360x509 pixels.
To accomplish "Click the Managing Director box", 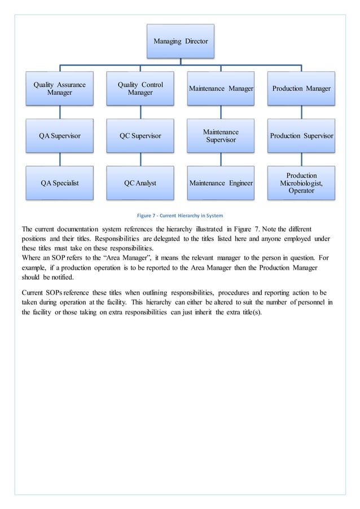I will tap(181, 41).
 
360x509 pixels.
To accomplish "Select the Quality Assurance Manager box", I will tap(59, 89).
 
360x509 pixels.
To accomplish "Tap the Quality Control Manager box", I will tap(140, 89).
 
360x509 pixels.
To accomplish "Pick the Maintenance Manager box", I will tap(221, 89).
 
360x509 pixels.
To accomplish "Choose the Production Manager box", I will tap(301, 89).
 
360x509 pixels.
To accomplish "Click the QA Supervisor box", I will tap(59, 135).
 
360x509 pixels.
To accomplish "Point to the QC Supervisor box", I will tap(140, 135).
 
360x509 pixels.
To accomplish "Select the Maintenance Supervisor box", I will tap(221, 135).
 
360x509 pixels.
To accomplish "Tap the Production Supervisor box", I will tap(301, 135).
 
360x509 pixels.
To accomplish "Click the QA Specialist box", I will tap(59, 183).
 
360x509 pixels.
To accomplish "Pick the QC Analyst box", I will tap(140, 183).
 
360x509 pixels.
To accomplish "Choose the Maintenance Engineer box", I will tap(221, 183).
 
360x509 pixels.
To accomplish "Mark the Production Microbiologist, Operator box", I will tap(301, 183).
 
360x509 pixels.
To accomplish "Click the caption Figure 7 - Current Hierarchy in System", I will tap(180, 215).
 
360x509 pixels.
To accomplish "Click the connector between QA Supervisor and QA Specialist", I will tap(59, 159).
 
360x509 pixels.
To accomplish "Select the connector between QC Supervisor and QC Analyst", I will tap(140, 159).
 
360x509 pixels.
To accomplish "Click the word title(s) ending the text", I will tap(248, 312).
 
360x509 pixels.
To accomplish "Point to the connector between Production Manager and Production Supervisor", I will tap(301, 112).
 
